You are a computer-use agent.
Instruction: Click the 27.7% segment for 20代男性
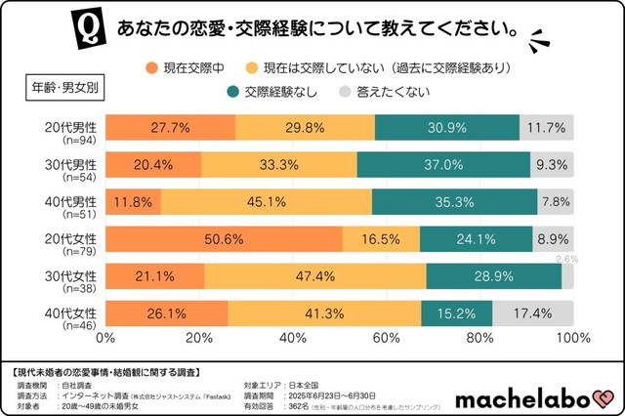click(x=170, y=128)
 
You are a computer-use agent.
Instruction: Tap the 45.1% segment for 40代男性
click(x=266, y=202)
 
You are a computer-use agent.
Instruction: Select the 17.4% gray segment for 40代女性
click(x=533, y=314)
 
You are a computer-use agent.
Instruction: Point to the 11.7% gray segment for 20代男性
click(x=547, y=128)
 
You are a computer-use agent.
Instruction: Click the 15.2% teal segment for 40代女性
click(x=457, y=314)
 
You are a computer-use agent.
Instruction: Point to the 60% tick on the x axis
click(x=386, y=339)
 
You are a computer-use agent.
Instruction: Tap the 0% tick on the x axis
click(x=104, y=339)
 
